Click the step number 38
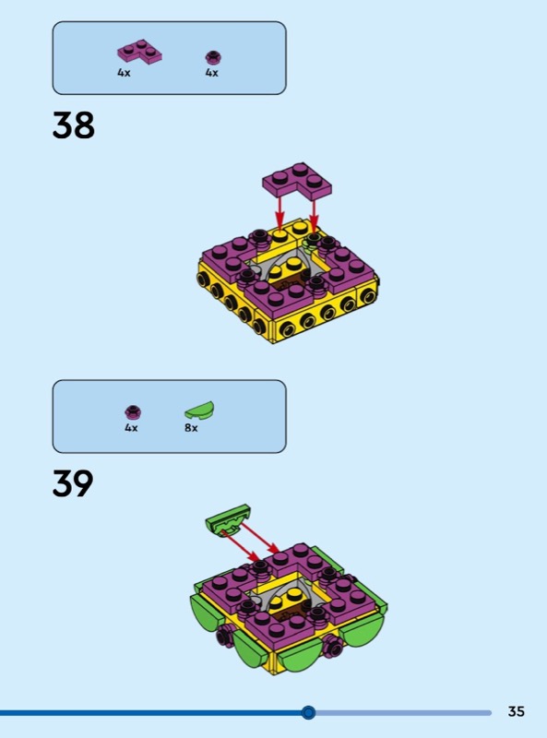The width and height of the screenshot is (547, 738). point(74,125)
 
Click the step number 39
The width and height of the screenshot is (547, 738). point(73,482)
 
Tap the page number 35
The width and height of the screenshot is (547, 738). point(516,711)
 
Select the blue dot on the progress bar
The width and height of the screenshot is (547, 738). point(308,712)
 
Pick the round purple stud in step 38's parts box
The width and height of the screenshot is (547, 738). point(213,57)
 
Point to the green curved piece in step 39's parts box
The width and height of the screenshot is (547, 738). point(199,410)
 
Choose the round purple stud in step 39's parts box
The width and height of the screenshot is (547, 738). point(133,411)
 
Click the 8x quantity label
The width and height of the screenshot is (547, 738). point(191,428)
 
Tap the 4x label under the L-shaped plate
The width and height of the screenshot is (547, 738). point(124,73)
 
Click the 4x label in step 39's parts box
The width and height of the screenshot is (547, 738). point(131,428)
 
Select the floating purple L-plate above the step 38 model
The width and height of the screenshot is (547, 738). point(297,180)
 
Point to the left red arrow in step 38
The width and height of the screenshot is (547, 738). point(279,213)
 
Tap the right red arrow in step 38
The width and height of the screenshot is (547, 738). point(314,213)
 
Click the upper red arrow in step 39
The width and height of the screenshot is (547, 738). point(260,537)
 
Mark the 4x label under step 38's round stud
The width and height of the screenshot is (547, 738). point(212,73)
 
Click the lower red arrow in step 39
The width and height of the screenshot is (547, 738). point(241,545)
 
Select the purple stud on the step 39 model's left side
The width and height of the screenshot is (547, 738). point(223,637)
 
